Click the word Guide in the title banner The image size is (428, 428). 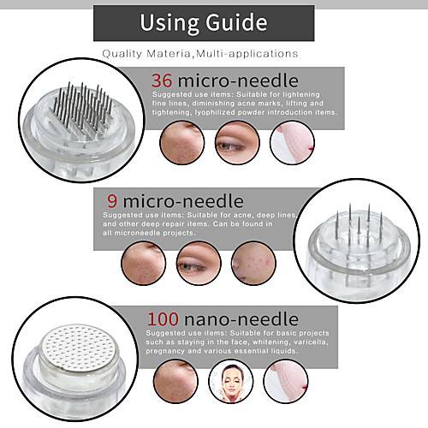tap(236, 23)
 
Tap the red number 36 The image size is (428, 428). tap(162, 80)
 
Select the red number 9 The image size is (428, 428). tap(112, 201)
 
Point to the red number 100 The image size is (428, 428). tap(163, 319)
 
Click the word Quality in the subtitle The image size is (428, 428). tap(122, 54)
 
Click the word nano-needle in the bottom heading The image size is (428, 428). tap(241, 319)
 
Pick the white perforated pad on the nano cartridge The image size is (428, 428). tap(79, 348)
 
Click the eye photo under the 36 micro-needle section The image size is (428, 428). tap(237, 143)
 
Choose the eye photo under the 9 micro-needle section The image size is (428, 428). tap(199, 264)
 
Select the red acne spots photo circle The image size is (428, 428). tap(253, 264)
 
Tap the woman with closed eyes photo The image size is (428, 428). tap(231, 381)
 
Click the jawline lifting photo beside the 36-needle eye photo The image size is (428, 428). tap(292, 143)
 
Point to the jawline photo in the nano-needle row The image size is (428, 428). tap(286, 381)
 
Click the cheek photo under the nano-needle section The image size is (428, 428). tap(175, 381)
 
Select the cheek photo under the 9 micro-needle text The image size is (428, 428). tap(144, 264)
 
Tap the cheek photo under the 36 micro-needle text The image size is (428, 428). tap(182, 143)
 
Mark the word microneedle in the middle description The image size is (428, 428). tap(132, 233)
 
